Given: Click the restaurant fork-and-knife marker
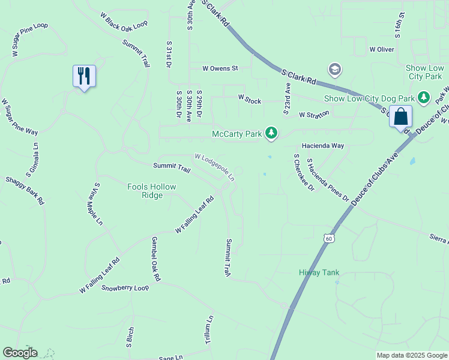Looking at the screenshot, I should pyautogui.click(x=84, y=76).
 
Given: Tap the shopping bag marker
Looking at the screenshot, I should pyautogui.click(x=400, y=116).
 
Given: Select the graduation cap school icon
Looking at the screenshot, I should pyautogui.click(x=334, y=70).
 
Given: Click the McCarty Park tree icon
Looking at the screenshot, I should pyautogui.click(x=271, y=133).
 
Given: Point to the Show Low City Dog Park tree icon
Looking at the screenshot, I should pyautogui.click(x=424, y=97).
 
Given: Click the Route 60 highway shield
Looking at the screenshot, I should pyautogui.click(x=328, y=238).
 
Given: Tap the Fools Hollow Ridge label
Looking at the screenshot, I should pyautogui.click(x=152, y=191).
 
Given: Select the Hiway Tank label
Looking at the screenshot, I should pyautogui.click(x=319, y=272).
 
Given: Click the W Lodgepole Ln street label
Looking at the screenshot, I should pyautogui.click(x=214, y=167).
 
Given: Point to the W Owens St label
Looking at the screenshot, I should pyautogui.click(x=220, y=68).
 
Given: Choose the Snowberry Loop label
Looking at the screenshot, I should pyautogui.click(x=125, y=288).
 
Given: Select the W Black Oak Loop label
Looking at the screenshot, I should pyautogui.click(x=124, y=23).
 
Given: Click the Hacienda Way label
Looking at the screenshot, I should pyautogui.click(x=323, y=146).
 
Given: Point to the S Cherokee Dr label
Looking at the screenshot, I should pyautogui.click(x=304, y=172).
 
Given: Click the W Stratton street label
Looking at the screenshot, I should pyautogui.click(x=314, y=114).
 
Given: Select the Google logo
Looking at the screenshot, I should pyautogui.click(x=20, y=353).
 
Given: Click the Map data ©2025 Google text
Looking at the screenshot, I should pyautogui.click(x=412, y=355).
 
